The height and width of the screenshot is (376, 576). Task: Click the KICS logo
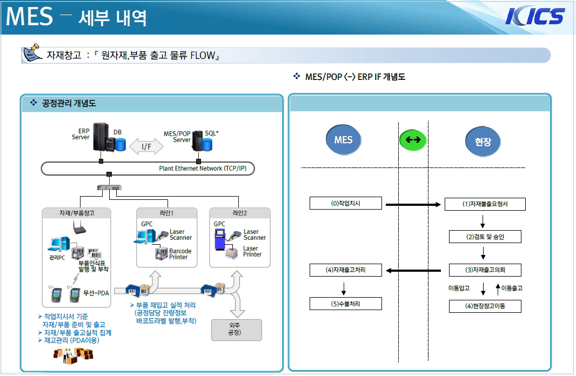535,16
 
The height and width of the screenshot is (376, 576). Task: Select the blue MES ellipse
343,140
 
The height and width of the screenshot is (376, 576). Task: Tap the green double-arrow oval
413,140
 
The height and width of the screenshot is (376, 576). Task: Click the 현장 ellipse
483,142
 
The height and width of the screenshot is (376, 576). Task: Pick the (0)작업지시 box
346,203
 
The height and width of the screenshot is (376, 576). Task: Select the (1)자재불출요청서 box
484,204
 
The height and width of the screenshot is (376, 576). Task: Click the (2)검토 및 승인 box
485,237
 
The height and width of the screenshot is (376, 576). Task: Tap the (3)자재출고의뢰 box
485,270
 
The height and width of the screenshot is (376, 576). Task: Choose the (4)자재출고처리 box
346,270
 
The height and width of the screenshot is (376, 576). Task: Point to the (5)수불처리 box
346,304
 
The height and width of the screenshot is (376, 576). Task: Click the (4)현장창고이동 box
485,306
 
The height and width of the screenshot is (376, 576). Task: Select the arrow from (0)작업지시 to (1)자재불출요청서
413,205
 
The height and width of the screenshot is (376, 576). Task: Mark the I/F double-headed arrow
146,146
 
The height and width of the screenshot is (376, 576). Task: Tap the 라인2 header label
239,213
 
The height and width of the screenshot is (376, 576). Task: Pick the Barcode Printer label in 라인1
180,254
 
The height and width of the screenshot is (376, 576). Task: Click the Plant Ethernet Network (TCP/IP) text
206,168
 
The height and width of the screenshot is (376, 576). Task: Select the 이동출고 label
511,288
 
